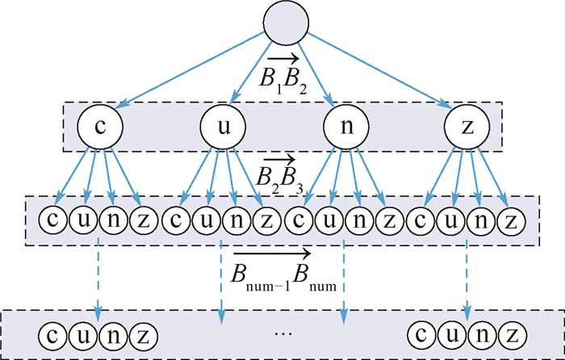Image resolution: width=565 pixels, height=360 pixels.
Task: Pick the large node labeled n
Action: pyautogui.click(x=345, y=127)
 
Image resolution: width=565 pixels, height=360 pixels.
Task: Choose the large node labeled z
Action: pyautogui.click(x=467, y=127)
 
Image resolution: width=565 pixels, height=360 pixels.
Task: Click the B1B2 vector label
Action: pyautogui.click(x=282, y=75)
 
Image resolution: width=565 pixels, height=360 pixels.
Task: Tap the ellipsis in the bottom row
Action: pyautogui.click(x=282, y=333)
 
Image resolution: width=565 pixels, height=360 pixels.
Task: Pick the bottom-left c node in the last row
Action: pyautogui.click(x=54, y=333)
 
